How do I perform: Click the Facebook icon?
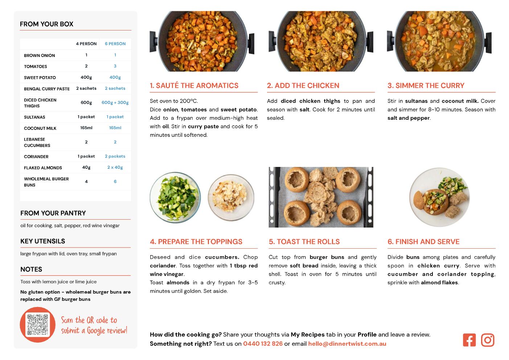pos(469,340)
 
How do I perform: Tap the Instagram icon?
pos(488,340)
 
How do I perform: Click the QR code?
pos(38,324)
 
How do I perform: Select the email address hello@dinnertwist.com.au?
pos(347,344)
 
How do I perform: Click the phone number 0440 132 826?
pos(263,343)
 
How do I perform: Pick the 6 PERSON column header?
pos(115,44)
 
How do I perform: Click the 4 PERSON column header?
pos(86,44)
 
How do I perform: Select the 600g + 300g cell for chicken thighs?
pos(115,102)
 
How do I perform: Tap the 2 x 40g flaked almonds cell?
pos(115,168)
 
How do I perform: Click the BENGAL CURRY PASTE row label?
pos(47,89)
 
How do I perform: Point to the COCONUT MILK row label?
pos(40,128)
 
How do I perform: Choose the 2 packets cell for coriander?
pos(115,156)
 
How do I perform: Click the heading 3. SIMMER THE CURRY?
pos(426,85)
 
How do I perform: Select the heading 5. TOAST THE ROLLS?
pos(304,242)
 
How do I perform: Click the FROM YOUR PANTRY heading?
pos(53,213)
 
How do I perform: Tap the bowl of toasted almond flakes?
pos(231,197)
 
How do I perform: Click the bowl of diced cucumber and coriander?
pos(175,197)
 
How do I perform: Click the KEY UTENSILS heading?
pos(43,241)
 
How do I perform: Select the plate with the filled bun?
pos(439,197)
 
